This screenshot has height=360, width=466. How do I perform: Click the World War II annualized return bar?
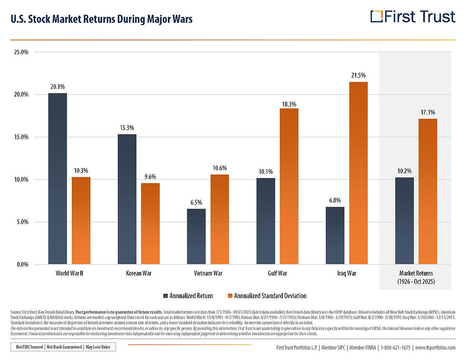(58, 178)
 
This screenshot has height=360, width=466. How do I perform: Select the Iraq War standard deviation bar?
(358, 173)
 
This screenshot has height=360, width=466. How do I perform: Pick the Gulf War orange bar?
(289, 186)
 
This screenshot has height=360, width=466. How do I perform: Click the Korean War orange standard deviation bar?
(150, 224)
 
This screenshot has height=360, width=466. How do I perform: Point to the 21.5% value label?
(358, 75)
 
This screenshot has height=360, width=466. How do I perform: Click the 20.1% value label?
(58, 87)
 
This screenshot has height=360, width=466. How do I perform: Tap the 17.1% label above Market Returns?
(427, 112)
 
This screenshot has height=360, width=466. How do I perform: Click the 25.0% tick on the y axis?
(22, 52)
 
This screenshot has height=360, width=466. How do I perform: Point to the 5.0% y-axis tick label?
(23, 222)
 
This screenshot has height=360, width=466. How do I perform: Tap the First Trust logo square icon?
(376, 17)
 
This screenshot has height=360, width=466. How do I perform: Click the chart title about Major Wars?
(101, 19)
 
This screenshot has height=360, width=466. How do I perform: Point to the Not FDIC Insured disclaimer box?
(63, 347)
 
